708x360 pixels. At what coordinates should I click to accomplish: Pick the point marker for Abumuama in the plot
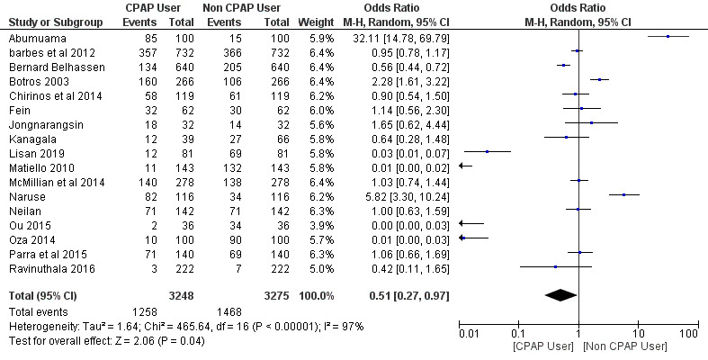(x=668, y=37)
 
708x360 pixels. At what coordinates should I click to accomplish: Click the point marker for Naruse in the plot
(x=623, y=194)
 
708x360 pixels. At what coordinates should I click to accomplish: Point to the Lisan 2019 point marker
(x=487, y=152)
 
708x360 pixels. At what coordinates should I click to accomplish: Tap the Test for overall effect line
(x=106, y=339)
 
